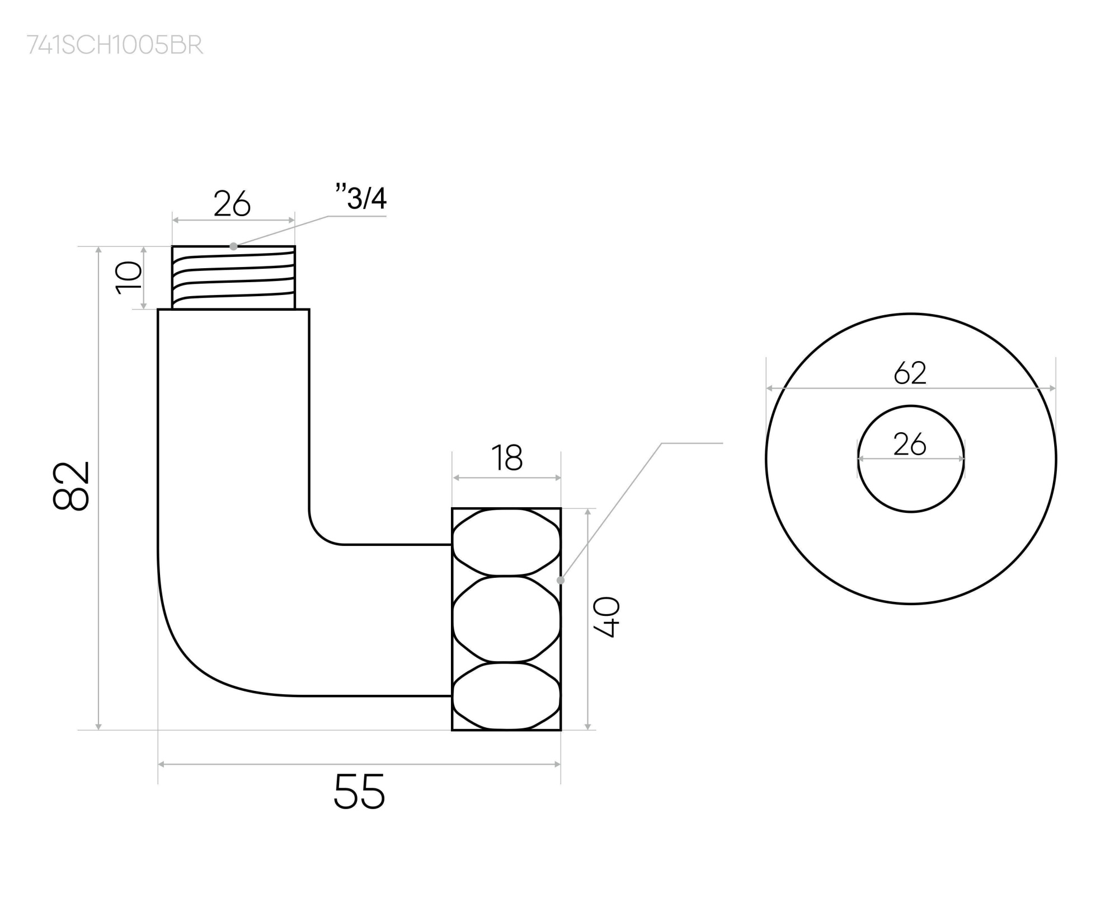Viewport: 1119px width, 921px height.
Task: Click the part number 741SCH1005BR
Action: (115, 45)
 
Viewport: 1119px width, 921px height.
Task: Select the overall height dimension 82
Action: (71, 485)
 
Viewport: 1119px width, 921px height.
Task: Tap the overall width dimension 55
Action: (359, 792)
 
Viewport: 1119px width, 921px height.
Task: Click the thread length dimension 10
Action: (129, 277)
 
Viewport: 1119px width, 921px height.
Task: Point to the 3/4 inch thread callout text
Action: (362, 198)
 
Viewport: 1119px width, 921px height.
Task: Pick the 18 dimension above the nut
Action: (507, 458)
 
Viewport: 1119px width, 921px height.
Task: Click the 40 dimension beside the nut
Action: (606, 618)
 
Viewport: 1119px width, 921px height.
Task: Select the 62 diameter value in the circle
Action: (910, 373)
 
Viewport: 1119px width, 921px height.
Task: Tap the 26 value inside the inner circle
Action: (910, 445)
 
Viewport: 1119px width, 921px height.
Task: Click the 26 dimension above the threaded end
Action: (232, 204)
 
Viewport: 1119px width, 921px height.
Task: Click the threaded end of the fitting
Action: (233, 278)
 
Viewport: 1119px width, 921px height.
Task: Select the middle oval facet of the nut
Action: (506, 619)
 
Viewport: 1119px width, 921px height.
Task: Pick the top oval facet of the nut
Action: (506, 542)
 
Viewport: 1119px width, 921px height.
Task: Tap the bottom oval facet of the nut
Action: (506, 696)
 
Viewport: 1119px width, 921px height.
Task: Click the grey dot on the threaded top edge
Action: (233, 246)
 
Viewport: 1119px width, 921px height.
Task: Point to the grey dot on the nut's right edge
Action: (561, 581)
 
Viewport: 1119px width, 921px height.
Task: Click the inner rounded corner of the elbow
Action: (322, 532)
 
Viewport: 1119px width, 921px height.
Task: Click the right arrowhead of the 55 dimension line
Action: (557, 764)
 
